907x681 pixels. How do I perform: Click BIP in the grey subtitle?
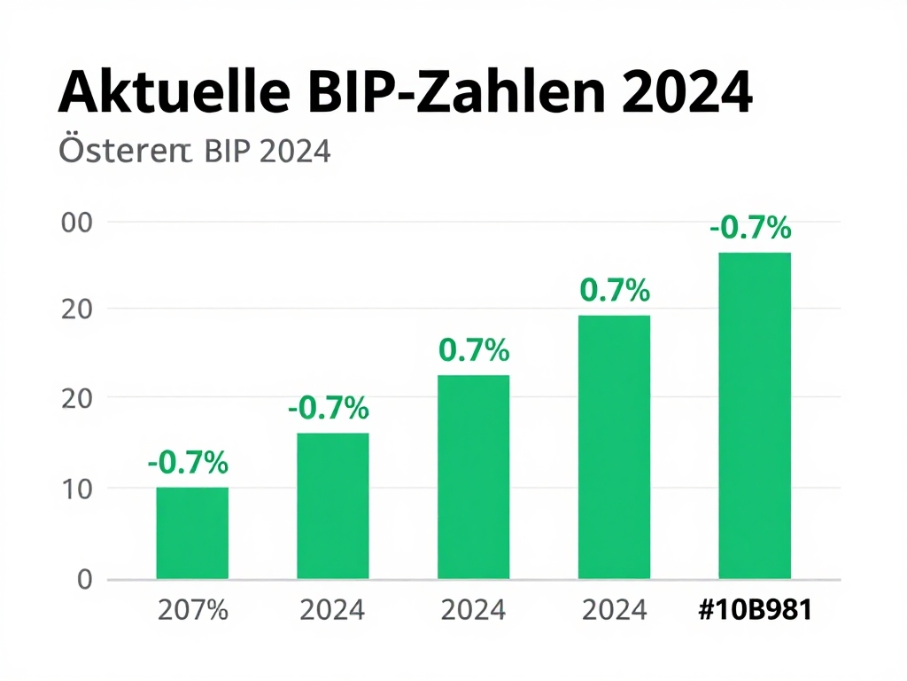[x=227, y=152]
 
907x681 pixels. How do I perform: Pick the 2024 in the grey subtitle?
[x=296, y=152]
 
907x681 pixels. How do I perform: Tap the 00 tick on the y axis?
[x=77, y=222]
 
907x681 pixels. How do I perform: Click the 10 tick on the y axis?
[x=77, y=489]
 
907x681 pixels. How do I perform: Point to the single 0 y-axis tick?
[x=84, y=580]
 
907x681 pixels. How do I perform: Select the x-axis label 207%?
[x=192, y=612]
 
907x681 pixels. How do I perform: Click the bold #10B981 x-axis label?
[x=755, y=612]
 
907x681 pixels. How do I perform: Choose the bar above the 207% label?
[x=192, y=533]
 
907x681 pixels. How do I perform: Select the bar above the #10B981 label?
[x=755, y=416]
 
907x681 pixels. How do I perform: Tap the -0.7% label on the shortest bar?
[x=188, y=463]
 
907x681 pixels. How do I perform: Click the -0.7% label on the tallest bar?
[x=750, y=228]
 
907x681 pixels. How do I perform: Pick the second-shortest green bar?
[x=333, y=505]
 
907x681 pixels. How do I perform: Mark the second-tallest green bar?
[x=614, y=447]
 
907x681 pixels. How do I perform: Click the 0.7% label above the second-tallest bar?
[x=615, y=291]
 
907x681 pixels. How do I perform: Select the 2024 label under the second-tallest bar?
[x=615, y=612]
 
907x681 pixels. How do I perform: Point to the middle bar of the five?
[x=474, y=477]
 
